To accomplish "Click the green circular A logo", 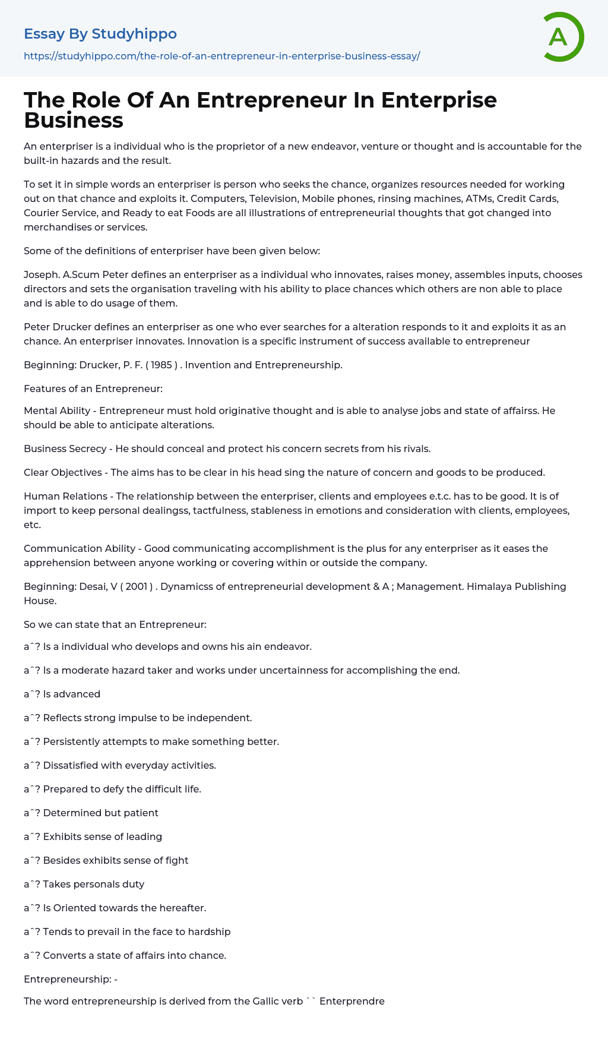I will click(563, 37).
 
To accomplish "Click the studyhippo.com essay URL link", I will click(221, 56).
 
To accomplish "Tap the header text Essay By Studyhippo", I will click(100, 34).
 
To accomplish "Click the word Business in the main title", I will click(74, 121).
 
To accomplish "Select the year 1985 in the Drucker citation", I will click(161, 365).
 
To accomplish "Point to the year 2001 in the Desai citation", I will click(137, 586).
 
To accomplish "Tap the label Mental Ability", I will click(57, 411).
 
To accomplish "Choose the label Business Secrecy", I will click(65, 449).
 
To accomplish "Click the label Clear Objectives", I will click(63, 472).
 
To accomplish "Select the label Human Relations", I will click(65, 496).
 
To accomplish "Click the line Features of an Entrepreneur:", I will click(93, 389).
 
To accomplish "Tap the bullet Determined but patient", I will click(100, 813).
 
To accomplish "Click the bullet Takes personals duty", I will click(93, 884).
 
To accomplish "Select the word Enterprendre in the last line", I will click(352, 1001).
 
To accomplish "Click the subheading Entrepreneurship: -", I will click(71, 979).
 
